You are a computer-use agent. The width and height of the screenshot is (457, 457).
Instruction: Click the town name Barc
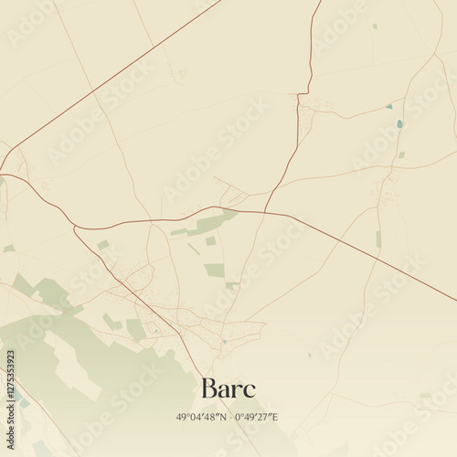(x=228, y=388)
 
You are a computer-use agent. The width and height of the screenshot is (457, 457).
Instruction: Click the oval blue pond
(x=399, y=123)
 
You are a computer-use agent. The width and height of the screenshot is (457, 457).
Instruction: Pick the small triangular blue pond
(x=389, y=106)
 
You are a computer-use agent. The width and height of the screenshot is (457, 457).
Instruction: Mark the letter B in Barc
(x=209, y=388)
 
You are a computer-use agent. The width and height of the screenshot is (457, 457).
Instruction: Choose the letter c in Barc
(x=250, y=391)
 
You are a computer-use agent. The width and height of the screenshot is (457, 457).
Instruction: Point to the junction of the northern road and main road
(x=266, y=212)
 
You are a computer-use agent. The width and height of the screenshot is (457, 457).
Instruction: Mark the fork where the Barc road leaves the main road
(x=75, y=227)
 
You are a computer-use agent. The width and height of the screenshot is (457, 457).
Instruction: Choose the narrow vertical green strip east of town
(x=378, y=239)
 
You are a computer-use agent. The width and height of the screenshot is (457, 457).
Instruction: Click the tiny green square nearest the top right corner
(x=375, y=26)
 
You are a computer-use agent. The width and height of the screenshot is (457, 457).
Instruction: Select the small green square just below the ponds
(x=401, y=154)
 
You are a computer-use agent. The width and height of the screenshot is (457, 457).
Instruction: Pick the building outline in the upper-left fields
(x=180, y=72)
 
